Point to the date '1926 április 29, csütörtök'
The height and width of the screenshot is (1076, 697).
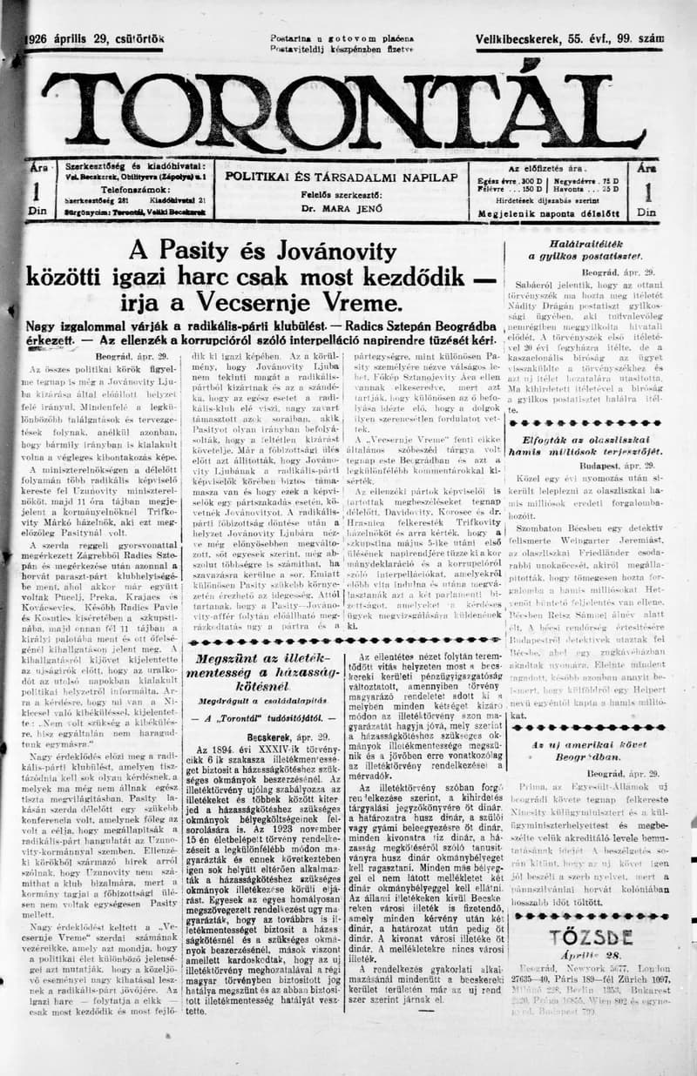(x=96, y=39)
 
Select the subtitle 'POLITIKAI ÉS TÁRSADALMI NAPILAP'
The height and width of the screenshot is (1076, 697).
(x=341, y=177)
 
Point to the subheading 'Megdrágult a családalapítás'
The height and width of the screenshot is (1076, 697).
(x=260, y=699)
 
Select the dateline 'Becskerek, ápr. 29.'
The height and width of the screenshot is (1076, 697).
(x=261, y=736)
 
